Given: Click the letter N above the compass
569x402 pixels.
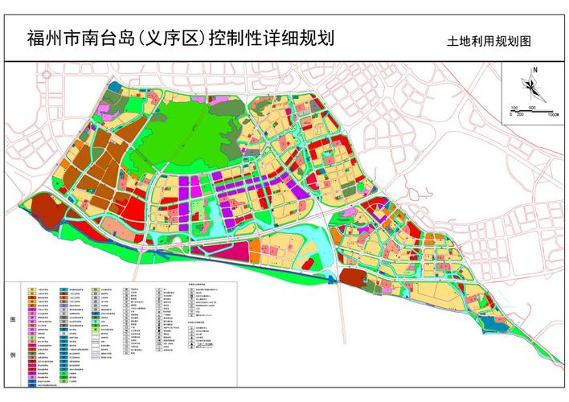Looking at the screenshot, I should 534,71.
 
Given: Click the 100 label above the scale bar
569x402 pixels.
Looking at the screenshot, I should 514,107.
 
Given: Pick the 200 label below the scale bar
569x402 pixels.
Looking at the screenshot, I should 520,115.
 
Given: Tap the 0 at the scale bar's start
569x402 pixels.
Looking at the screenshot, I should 510,115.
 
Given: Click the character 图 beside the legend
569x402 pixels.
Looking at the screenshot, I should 12,318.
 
